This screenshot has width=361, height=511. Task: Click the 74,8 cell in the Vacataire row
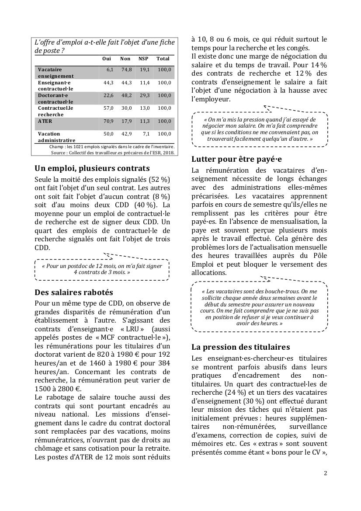point(126,70)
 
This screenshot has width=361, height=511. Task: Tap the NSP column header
point(143,59)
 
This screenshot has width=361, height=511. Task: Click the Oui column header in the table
point(107,59)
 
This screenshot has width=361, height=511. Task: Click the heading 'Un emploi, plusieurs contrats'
point(92,168)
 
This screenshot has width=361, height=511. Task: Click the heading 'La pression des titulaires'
point(240,347)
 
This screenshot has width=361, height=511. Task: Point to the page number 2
point(325,473)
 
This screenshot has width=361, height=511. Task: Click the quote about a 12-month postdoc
point(102,269)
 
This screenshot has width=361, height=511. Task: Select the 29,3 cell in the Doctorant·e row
point(144,95)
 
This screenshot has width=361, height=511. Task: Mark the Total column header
point(163,59)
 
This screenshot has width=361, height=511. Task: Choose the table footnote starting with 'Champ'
point(112,146)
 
